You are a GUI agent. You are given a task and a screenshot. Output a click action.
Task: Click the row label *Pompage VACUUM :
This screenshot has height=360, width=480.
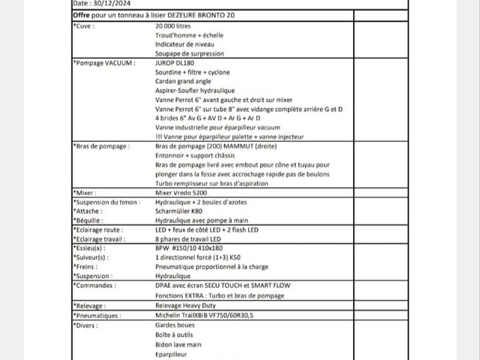[x=104, y=63]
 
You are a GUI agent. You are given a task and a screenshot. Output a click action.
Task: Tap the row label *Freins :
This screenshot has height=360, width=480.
[x=87, y=266]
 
